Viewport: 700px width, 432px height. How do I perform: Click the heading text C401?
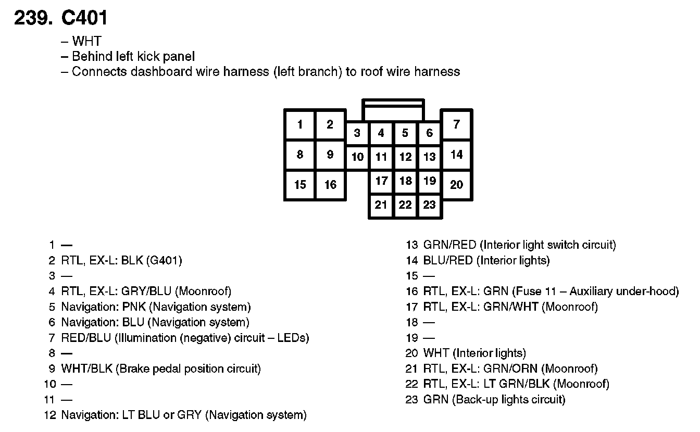click(84, 18)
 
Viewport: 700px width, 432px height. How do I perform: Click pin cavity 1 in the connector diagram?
click(300, 124)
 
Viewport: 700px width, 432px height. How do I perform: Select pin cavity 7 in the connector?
click(456, 124)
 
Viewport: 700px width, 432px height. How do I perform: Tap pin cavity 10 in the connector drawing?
click(357, 157)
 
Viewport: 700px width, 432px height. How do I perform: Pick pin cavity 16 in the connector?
click(330, 185)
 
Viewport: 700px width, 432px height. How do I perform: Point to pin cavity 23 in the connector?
click(429, 205)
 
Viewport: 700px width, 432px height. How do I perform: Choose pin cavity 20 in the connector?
click(456, 185)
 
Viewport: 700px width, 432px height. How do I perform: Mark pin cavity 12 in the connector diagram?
click(405, 157)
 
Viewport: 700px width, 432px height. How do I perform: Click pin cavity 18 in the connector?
click(405, 181)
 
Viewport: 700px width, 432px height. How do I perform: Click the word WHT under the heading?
click(86, 41)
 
